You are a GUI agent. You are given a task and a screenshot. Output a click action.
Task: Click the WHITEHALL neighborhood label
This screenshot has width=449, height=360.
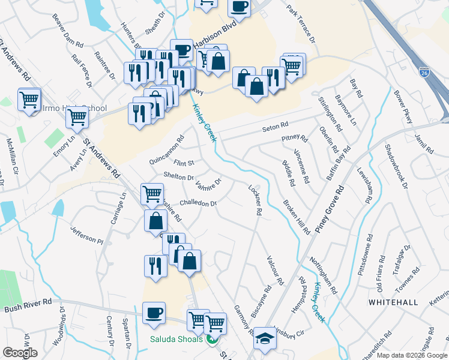point(393,302)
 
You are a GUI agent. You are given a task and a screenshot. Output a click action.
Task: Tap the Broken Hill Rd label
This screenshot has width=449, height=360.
point(297,217)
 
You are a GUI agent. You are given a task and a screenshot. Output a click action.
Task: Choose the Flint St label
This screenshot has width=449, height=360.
point(184,163)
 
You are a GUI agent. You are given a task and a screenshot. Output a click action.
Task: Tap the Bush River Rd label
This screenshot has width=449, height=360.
point(28,307)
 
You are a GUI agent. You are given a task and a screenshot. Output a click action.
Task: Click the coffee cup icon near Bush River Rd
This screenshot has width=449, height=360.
point(154,313)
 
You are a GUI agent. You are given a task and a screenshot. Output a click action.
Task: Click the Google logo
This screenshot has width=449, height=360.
point(20,353)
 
